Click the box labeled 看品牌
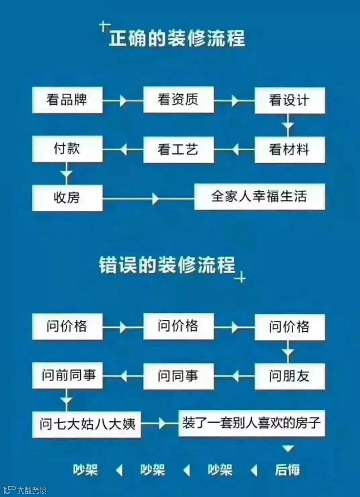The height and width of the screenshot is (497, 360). pyautogui.click(x=67, y=100)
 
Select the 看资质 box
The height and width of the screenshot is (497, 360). pyautogui.click(x=178, y=100)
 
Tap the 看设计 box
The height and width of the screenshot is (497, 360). pyautogui.click(x=289, y=100)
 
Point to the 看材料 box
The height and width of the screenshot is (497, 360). pyautogui.click(x=289, y=150)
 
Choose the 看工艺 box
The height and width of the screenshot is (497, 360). pyautogui.click(x=178, y=150)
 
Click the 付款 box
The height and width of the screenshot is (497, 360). pyautogui.click(x=67, y=149)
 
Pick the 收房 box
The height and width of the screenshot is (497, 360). pyautogui.click(x=67, y=198)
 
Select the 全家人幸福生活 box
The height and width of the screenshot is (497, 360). pyautogui.click(x=259, y=197)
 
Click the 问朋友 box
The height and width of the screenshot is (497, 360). pyautogui.click(x=289, y=376)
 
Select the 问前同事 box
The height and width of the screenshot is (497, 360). pyautogui.click(x=67, y=375)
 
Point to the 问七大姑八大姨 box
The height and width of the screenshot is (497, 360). pyautogui.click(x=87, y=424)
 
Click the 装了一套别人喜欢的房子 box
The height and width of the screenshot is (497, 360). pyautogui.click(x=252, y=423)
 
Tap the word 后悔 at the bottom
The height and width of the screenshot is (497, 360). pyautogui.click(x=287, y=470)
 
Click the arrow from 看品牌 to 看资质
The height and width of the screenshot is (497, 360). pyautogui.click(x=123, y=100)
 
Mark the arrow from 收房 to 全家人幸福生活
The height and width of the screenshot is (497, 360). pyautogui.click(x=154, y=198)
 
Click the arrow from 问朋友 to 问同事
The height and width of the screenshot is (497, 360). pyautogui.click(x=234, y=376)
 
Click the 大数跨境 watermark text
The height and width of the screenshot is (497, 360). pyautogui.click(x=32, y=490)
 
